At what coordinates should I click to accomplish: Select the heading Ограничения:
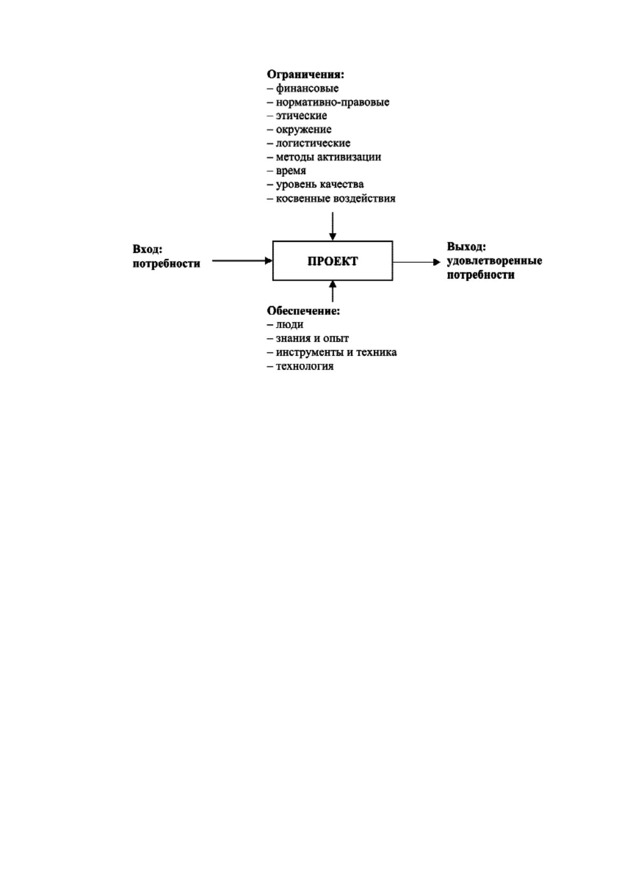coord(305,74)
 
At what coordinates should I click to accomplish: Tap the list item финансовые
coord(307,89)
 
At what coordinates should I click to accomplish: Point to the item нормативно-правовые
coord(332,102)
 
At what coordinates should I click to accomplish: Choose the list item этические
coord(301,115)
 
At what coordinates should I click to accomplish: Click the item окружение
coord(304,129)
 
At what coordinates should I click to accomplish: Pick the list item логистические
coord(313,143)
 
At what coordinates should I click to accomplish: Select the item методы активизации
coord(328,157)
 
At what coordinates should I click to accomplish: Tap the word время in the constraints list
coord(291,171)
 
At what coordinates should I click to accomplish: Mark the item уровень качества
coord(320,184)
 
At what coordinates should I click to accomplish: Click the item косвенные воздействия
coord(335,198)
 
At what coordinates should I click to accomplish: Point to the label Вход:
coord(147,249)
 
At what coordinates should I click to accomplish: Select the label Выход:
coord(466,246)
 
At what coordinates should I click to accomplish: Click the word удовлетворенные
coord(494,260)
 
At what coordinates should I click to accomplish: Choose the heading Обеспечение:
coord(304,311)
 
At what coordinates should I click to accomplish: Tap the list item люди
coord(290,325)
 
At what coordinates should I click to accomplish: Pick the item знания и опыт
coord(312,338)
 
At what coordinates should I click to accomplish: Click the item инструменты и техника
coord(336,352)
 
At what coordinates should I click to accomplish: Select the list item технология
coord(305,366)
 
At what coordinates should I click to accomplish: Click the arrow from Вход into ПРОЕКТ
coord(242,260)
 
